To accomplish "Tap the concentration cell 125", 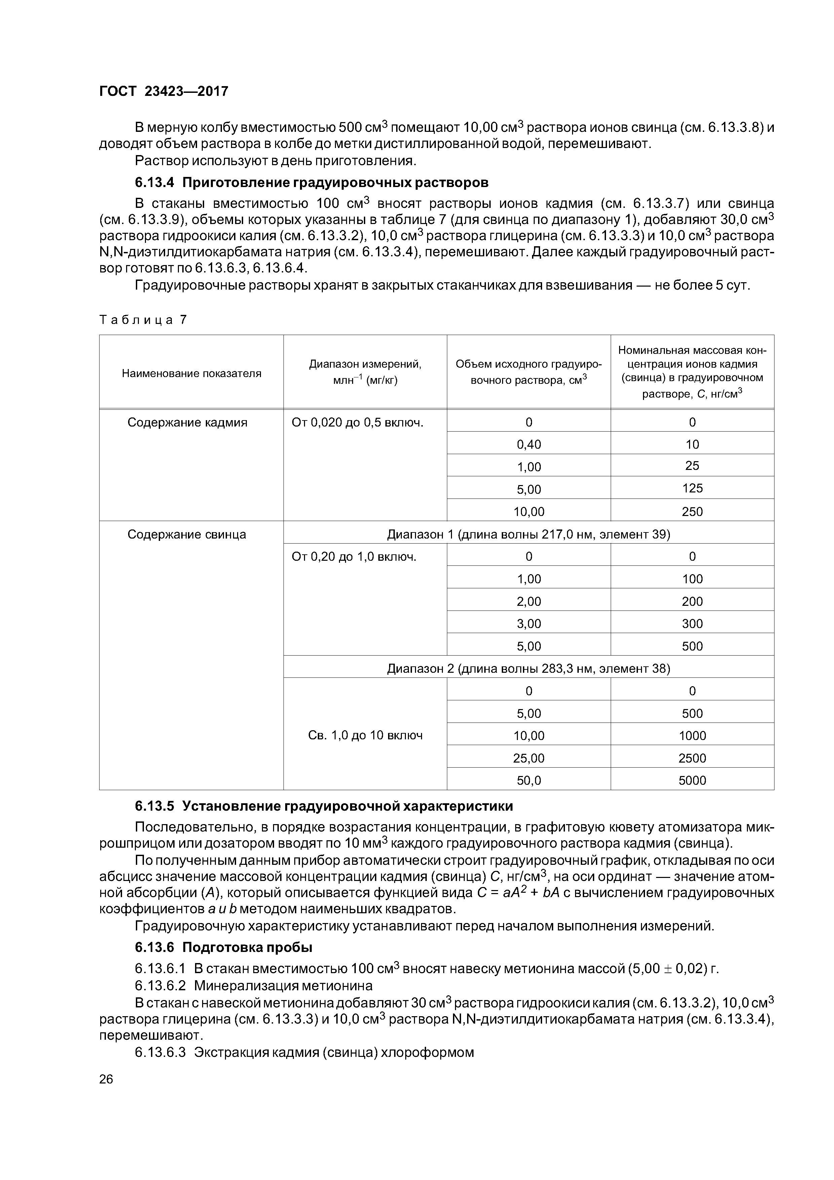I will [692, 488].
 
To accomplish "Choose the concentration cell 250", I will [692, 511].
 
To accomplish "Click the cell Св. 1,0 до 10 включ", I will [365, 735].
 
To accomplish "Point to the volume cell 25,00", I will [529, 758].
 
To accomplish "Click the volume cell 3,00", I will [529, 623].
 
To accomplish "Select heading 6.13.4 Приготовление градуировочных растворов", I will [311, 182].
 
